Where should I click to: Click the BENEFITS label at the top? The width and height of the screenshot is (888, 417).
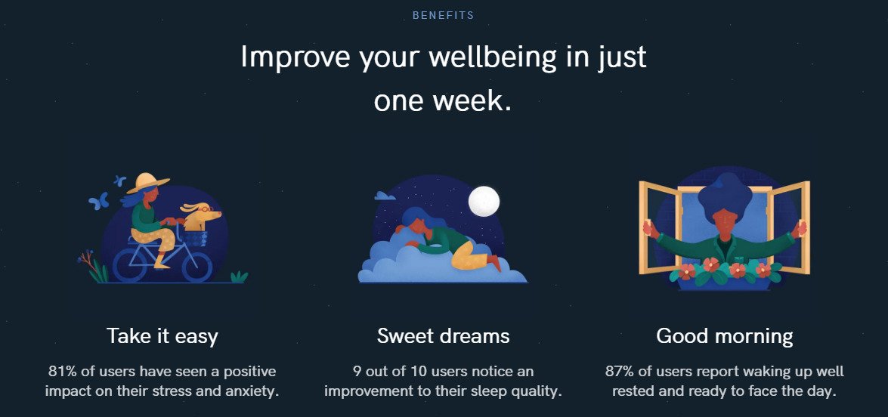[x=443, y=16]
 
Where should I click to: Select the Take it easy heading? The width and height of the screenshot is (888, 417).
[x=162, y=336]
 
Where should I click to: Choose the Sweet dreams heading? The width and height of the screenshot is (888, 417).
[x=443, y=336]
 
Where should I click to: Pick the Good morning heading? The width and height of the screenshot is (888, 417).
[x=724, y=337]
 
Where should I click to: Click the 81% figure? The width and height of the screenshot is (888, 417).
[x=62, y=372]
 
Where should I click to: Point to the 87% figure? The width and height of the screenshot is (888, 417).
[x=618, y=372]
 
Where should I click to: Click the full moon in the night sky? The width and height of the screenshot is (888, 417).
[x=484, y=202]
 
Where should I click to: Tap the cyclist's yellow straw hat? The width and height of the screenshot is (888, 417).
[x=147, y=183]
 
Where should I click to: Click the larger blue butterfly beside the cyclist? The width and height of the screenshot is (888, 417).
[x=98, y=201]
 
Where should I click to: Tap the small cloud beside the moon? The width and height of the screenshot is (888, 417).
[x=385, y=196]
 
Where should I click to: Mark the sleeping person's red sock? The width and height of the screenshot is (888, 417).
[x=494, y=263]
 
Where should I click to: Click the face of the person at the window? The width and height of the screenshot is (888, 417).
[x=724, y=222]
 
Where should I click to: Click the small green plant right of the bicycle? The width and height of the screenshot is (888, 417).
[x=239, y=276]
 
